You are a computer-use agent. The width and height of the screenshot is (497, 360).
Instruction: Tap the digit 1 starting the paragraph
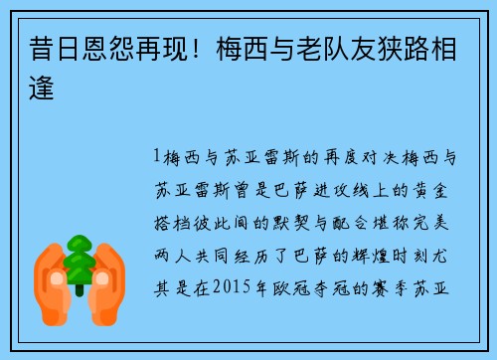tap(157, 157)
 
